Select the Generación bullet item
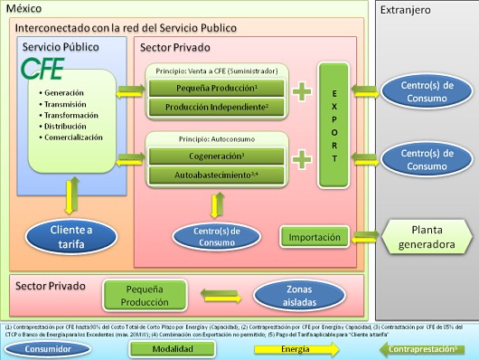(x=61, y=93)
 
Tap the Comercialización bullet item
(x=70, y=137)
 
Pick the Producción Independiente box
(x=217, y=108)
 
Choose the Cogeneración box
(x=217, y=156)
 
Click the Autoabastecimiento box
(x=217, y=173)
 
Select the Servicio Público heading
(x=61, y=46)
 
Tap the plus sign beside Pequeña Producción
(x=302, y=88)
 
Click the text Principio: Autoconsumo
(x=216, y=138)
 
